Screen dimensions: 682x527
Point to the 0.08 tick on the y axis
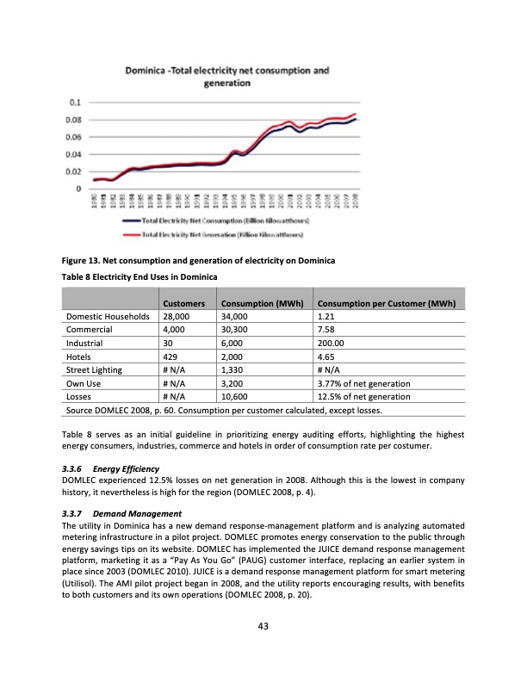(x=76, y=121)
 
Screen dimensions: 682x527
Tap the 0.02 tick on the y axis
(x=76, y=171)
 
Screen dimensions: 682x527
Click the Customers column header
(x=183, y=304)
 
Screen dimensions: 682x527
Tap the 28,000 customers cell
(x=177, y=317)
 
